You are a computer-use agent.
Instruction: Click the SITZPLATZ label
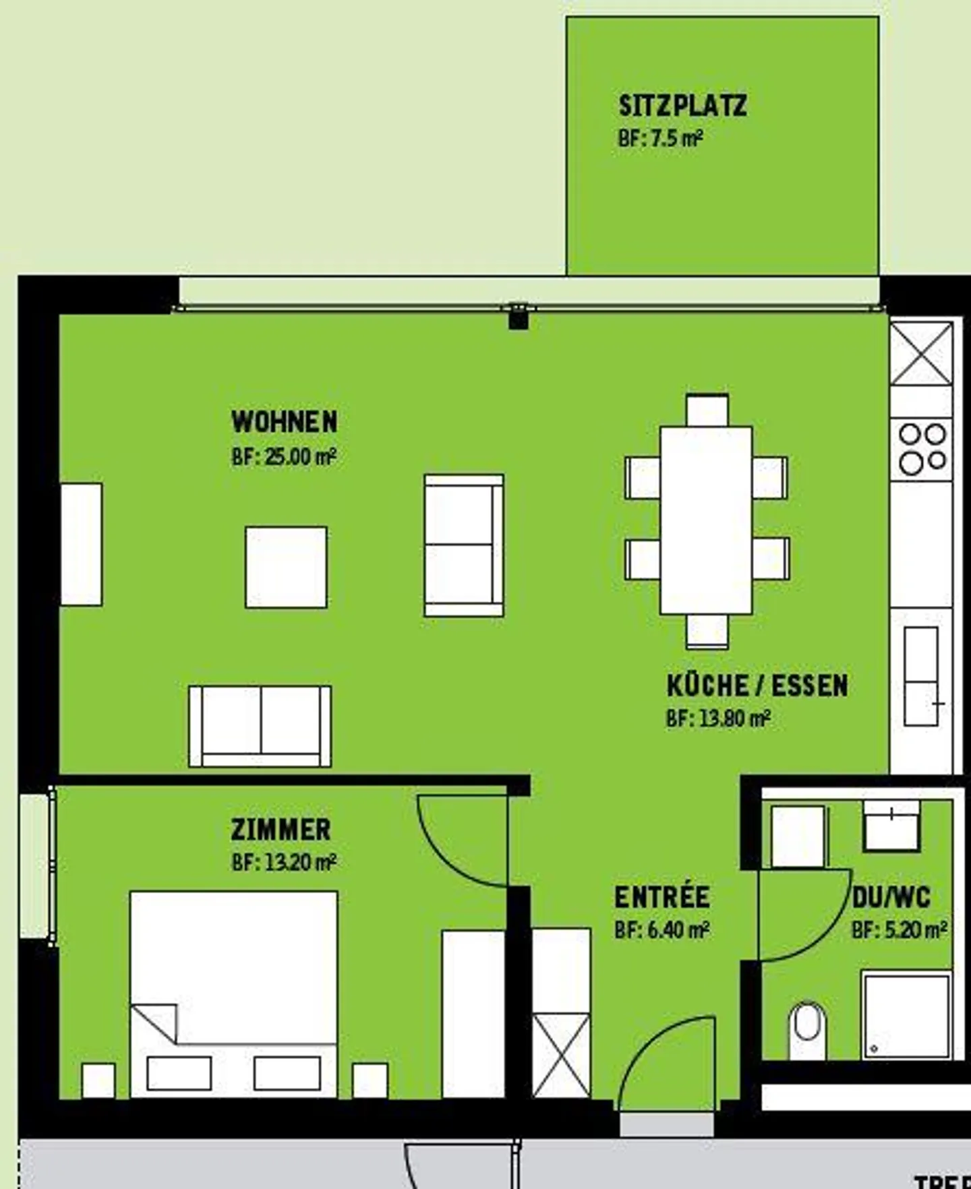682,106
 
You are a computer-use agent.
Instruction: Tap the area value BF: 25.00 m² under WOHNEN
283,457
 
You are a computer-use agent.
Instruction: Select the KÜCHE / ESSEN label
757,685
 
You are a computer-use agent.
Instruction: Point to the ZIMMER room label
281,830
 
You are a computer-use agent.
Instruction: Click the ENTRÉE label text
661,897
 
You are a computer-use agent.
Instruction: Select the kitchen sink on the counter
920,676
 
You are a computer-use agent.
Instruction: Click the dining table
705,520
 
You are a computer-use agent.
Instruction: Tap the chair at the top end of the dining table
707,410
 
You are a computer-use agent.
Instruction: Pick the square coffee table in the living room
286,567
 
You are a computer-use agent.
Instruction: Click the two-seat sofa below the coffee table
260,726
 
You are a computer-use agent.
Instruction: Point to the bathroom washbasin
891,825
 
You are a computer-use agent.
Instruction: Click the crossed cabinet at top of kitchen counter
921,353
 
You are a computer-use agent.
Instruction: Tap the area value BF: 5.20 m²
899,931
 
